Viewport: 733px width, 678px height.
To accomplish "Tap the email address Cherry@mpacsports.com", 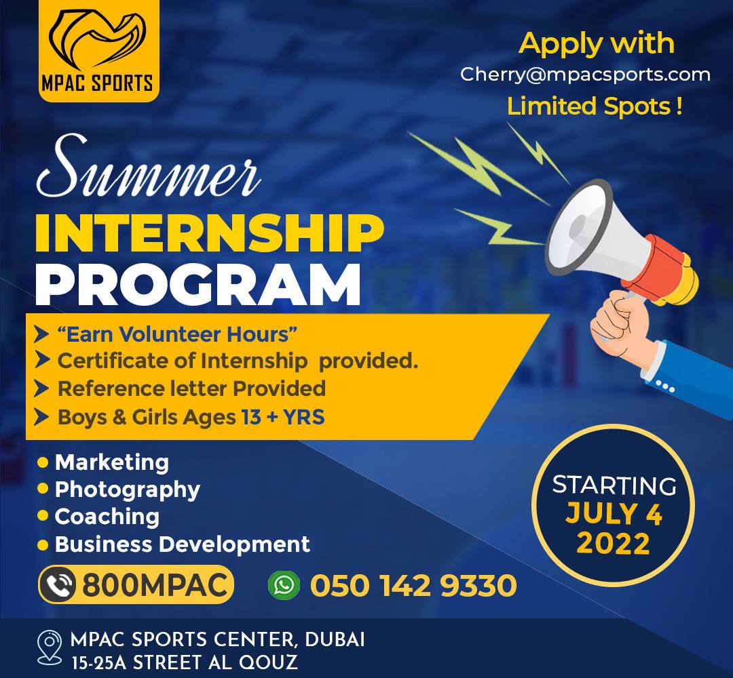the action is [x=585, y=75].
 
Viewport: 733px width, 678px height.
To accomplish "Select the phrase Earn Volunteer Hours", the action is [x=177, y=334].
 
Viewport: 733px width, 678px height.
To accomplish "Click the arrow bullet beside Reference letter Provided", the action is [x=41, y=388].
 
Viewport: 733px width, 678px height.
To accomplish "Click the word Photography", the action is [x=127, y=490].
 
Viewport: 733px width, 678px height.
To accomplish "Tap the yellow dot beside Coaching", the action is [x=43, y=516].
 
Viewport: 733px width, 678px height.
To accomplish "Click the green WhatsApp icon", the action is [x=284, y=584].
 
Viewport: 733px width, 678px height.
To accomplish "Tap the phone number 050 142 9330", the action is [x=413, y=585].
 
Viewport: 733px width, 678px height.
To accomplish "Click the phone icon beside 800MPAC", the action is [x=58, y=584].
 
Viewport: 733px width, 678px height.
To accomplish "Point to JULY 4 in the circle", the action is [x=614, y=513].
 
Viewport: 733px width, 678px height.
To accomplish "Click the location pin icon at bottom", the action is [x=49, y=647].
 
